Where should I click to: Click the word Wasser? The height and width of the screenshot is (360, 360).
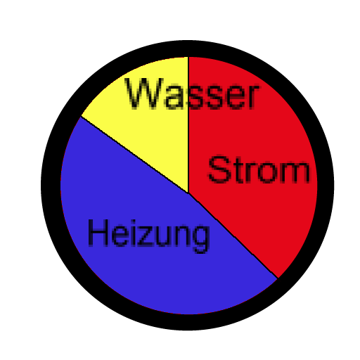coord(192,94)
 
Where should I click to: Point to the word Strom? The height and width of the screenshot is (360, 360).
coord(259,169)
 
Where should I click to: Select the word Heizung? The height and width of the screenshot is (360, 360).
coord(148,236)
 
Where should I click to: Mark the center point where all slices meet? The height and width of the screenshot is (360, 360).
coord(188,193)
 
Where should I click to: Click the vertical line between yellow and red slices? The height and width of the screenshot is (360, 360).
coord(188,124)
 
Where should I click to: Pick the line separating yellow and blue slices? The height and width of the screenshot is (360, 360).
coord(134,155)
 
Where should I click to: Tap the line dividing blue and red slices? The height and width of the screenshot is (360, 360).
coord(233,236)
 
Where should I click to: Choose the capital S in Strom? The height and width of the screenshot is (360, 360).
coord(219,169)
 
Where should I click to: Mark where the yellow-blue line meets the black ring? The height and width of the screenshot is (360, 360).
coord(81,116)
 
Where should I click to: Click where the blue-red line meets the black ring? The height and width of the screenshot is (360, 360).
coord(278,278)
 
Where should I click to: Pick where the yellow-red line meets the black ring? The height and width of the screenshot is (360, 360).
coord(188,57)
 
